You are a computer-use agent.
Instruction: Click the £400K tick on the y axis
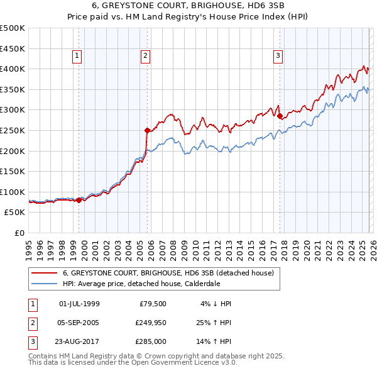coord(13,69)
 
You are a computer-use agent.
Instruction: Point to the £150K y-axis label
coord(13,171)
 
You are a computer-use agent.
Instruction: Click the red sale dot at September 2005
coord(147,131)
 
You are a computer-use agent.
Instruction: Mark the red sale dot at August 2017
coord(280,116)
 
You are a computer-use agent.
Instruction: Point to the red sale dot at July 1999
coord(79,200)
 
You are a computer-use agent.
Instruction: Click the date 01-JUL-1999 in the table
coord(79,304)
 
